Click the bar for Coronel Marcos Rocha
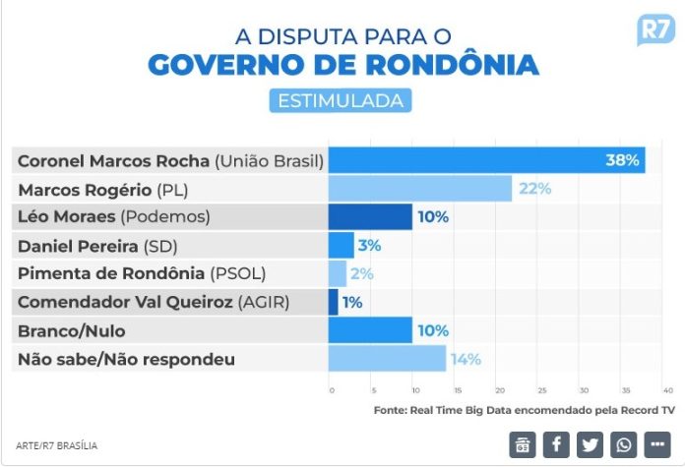tap(486, 160)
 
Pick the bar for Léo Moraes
tap(370, 216)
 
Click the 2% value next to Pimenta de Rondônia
tap(361, 273)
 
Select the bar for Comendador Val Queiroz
tap(333, 302)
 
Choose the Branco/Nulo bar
tap(370, 330)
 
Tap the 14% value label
tap(466, 359)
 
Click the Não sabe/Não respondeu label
tap(127, 359)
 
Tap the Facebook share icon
tap(556, 444)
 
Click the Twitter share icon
tap(590, 444)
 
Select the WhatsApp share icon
tap(623, 444)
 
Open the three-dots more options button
tap(656, 444)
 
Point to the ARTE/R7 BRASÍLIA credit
tap(57, 445)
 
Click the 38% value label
tap(623, 160)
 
